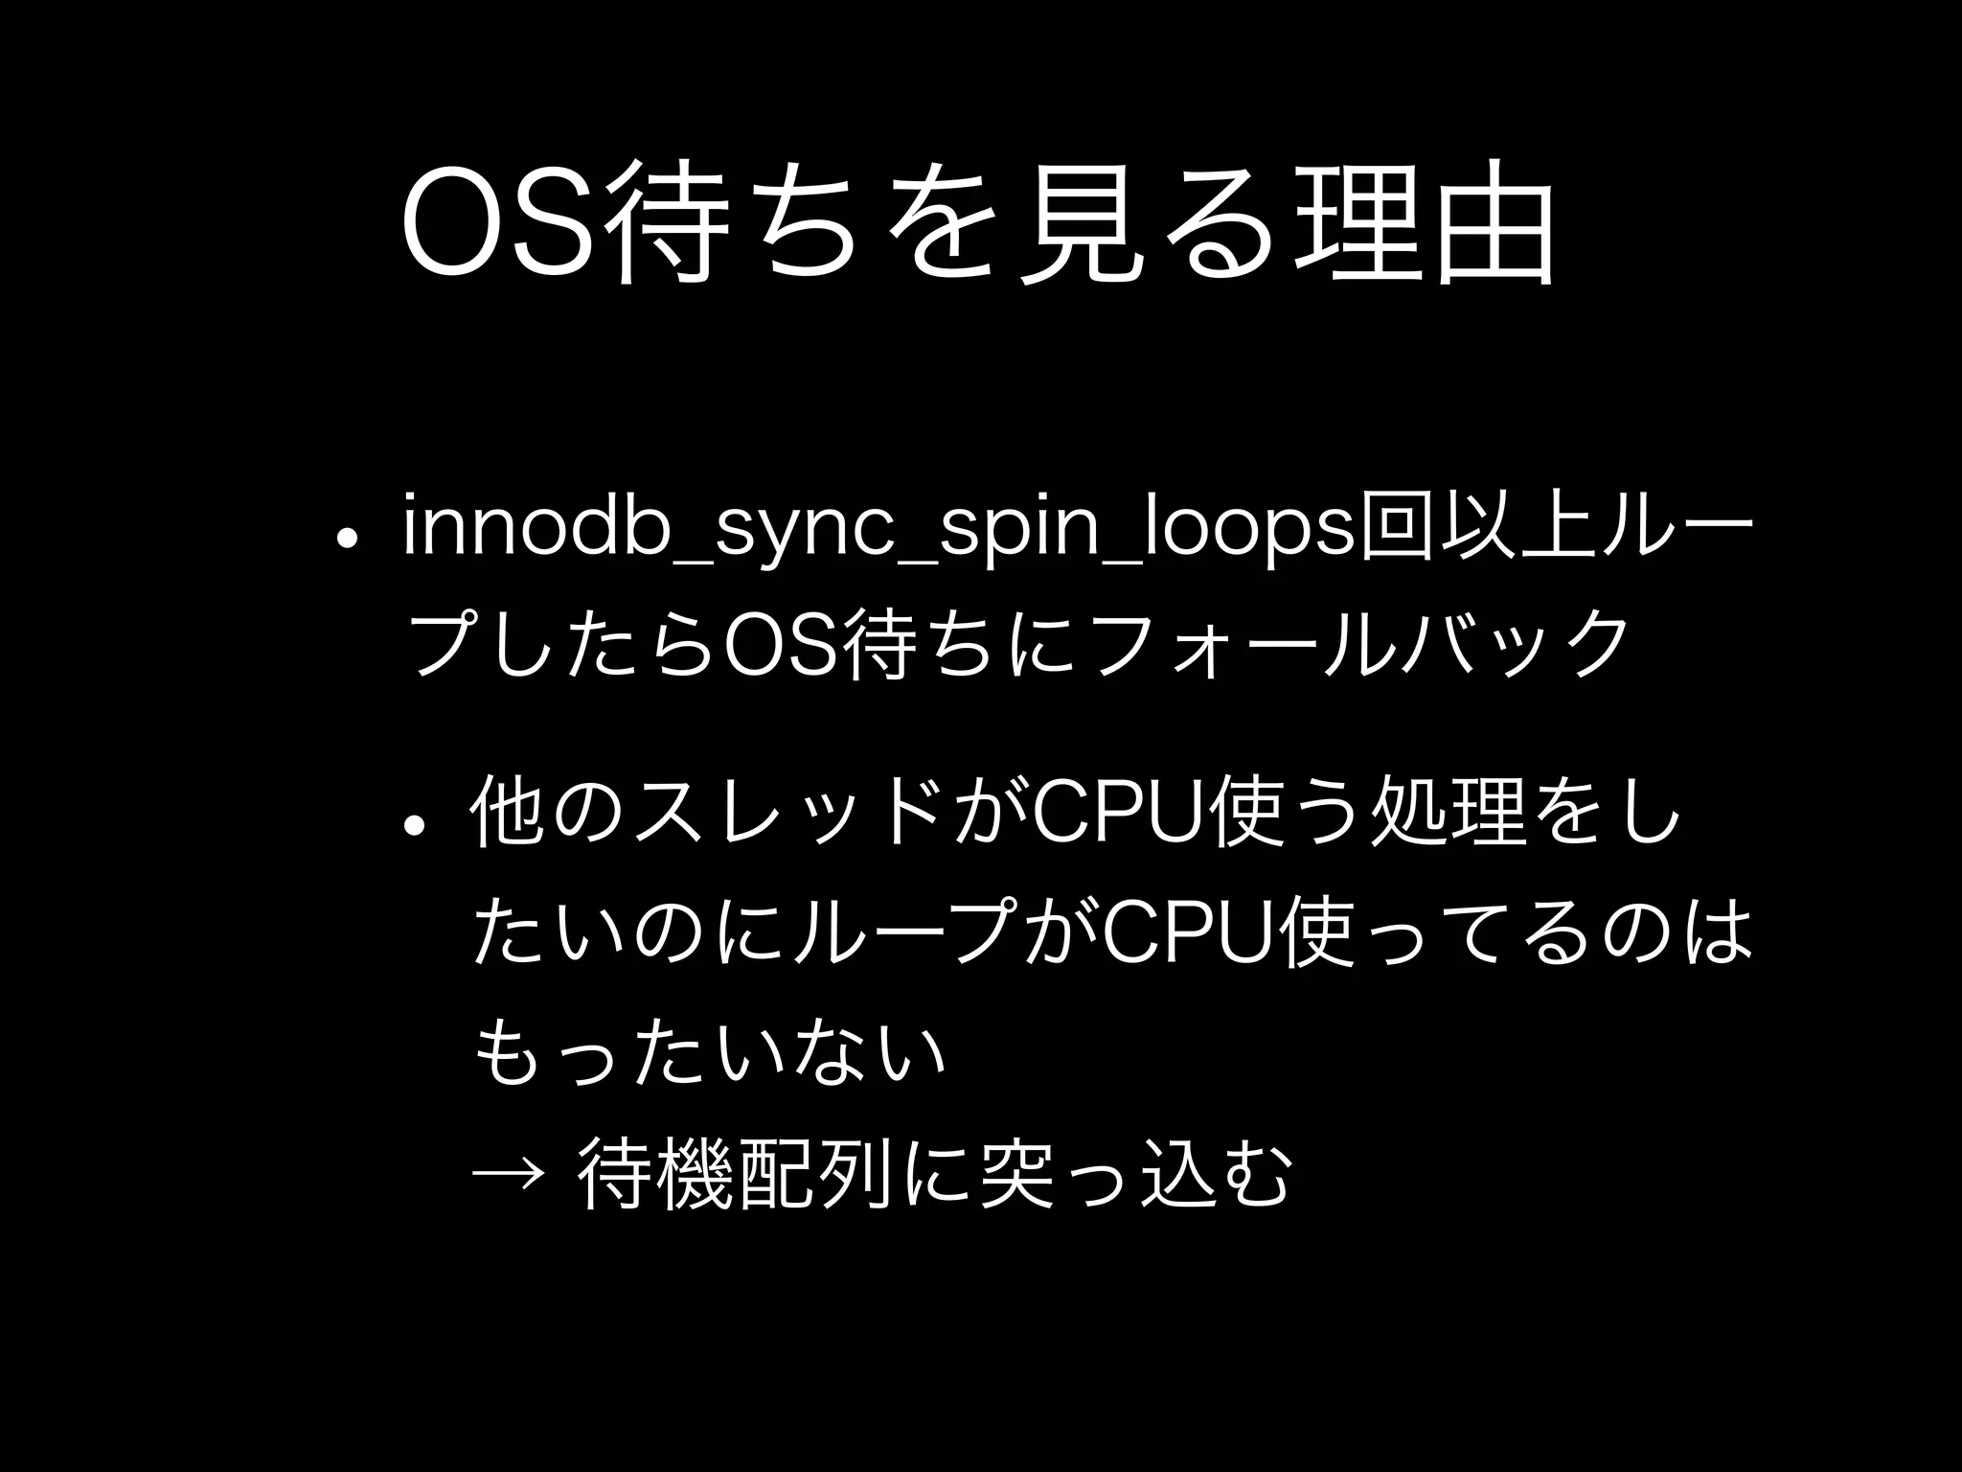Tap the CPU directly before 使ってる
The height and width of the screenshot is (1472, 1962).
click(1188, 930)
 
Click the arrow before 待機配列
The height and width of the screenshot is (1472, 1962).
click(509, 1169)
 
